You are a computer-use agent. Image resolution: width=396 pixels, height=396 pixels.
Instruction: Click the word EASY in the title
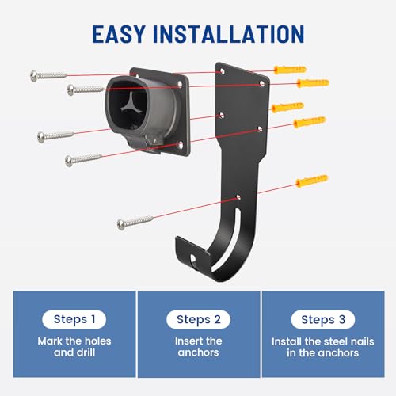tap(119, 34)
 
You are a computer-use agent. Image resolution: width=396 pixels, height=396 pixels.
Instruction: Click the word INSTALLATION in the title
tap(229, 34)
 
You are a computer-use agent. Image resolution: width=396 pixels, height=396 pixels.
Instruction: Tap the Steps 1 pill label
tap(74, 319)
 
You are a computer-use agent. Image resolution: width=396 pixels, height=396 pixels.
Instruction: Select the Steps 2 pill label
tap(198, 319)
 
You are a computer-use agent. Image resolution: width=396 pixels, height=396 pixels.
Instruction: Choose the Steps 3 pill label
tap(323, 319)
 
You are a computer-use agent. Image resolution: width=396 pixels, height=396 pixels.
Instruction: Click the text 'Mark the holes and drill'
tap(74, 347)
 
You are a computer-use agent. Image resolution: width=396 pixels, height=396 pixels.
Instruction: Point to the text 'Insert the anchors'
tap(198, 347)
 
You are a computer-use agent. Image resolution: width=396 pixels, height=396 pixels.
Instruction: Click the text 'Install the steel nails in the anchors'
tap(323, 347)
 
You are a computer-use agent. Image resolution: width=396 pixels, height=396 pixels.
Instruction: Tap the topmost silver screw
tap(48, 76)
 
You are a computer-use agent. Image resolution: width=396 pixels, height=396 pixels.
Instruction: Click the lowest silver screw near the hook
tap(135, 223)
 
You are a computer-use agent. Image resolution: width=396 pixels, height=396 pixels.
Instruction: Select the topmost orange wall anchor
tap(290, 70)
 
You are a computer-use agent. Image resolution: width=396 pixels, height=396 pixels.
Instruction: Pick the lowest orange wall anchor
tap(312, 181)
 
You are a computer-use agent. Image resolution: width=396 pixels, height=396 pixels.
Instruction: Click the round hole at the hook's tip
tap(193, 258)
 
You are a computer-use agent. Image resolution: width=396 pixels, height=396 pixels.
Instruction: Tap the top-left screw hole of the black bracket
tap(223, 71)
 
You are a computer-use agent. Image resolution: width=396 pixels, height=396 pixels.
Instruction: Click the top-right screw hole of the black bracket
tap(262, 84)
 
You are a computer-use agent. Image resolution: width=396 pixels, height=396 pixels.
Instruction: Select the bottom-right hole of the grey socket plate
tap(181, 144)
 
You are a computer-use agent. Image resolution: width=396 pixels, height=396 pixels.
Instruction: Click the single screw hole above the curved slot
tap(238, 197)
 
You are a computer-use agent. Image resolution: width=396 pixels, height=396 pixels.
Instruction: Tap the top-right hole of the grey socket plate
tap(180, 84)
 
